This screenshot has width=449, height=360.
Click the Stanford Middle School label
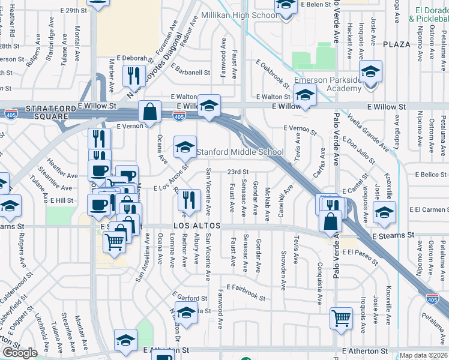[240, 152]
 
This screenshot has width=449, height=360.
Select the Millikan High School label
[239, 14]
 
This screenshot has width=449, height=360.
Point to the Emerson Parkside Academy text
[328, 85]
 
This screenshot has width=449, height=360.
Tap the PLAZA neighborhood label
[399, 44]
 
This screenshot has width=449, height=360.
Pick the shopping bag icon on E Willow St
[149, 112]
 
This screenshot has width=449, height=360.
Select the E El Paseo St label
[360, 254]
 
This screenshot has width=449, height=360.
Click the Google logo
[20, 353]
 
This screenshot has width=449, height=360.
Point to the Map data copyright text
[424, 355]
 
